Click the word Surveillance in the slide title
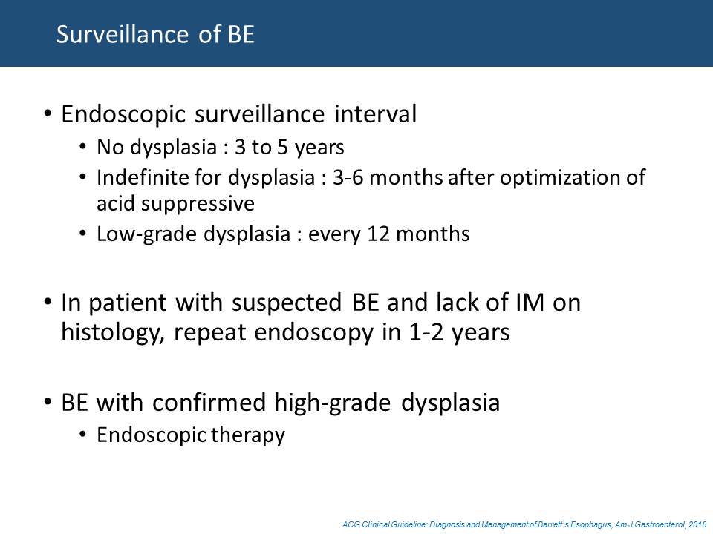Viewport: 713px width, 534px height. (x=123, y=35)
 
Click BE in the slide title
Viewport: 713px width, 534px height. (x=241, y=35)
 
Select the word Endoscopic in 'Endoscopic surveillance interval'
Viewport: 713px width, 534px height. (x=123, y=114)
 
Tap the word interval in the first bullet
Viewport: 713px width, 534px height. (x=375, y=113)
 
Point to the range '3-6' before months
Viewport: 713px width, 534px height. (x=348, y=177)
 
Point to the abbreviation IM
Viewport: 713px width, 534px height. (x=530, y=303)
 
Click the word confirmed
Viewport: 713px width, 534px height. (x=209, y=402)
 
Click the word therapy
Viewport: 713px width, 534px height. (x=247, y=435)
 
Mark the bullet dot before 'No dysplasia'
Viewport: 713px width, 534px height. (x=82, y=147)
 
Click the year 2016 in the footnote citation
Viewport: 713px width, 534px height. (x=697, y=525)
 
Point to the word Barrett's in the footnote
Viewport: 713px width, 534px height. (x=550, y=525)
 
